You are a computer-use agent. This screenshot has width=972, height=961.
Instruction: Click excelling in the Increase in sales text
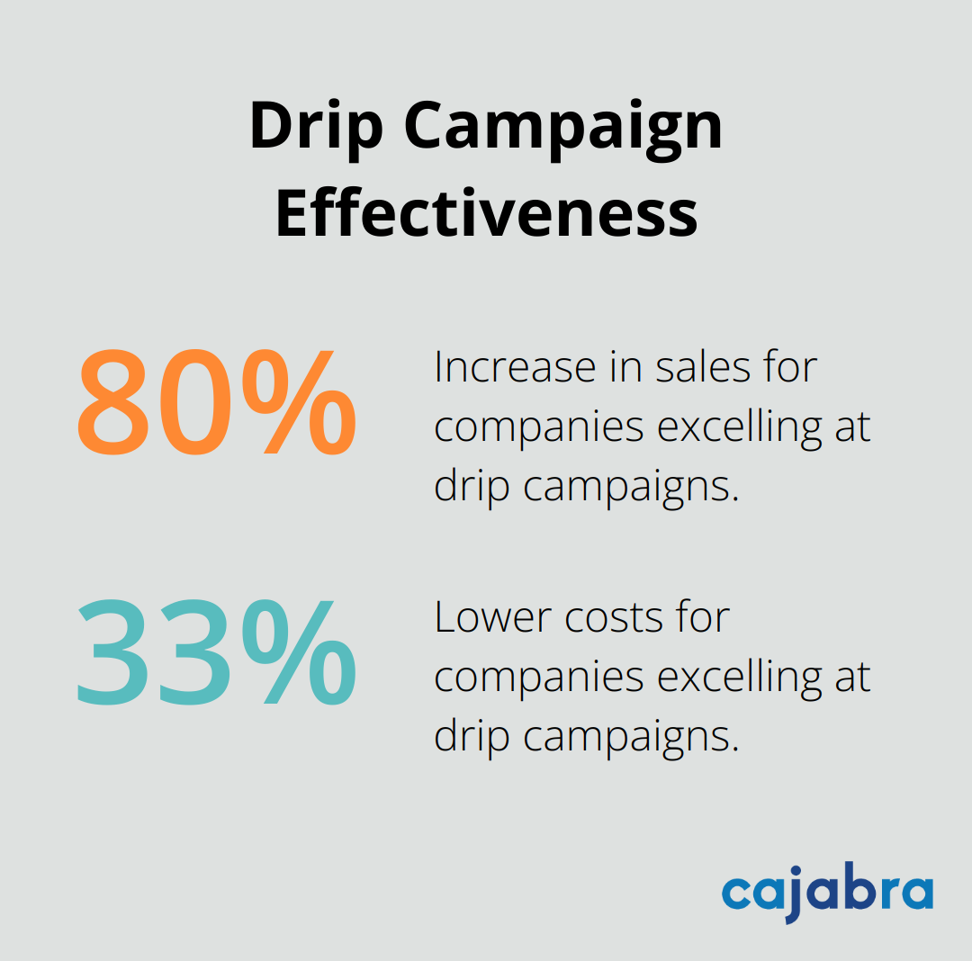(x=739, y=427)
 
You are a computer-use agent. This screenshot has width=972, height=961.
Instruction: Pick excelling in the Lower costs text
(x=739, y=677)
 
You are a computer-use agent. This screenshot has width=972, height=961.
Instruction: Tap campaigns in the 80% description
(x=630, y=488)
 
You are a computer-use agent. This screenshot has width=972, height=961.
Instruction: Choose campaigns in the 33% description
(x=630, y=737)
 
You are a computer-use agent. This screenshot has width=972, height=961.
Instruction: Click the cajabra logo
(x=826, y=893)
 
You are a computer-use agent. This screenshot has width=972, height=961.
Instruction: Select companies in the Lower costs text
(x=538, y=677)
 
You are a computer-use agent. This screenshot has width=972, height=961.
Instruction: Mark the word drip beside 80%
(x=471, y=486)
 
